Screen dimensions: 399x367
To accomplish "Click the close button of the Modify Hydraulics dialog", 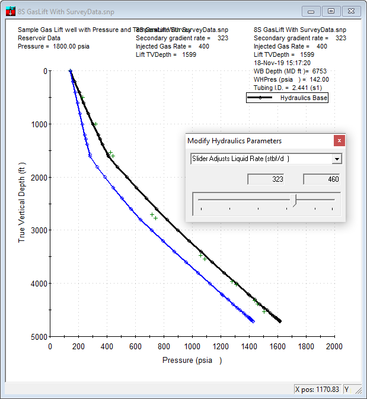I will (x=339, y=141).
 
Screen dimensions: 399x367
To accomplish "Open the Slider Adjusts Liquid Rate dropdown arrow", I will (x=337, y=159).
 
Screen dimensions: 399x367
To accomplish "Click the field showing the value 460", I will (x=322, y=179).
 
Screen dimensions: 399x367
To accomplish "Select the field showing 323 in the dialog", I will (x=266, y=179).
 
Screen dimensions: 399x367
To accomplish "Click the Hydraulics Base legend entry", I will (x=287, y=98).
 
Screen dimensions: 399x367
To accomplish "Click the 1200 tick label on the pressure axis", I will (x=221, y=346).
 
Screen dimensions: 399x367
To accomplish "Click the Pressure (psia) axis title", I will (x=192, y=360).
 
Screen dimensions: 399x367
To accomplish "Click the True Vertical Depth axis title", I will (x=22, y=204).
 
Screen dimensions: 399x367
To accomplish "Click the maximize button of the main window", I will (x=331, y=11).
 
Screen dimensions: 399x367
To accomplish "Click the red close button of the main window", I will (x=352, y=11).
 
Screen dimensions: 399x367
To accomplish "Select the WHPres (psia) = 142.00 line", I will (x=291, y=79).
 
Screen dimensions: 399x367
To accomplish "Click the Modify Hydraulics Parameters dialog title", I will (x=234, y=141).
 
